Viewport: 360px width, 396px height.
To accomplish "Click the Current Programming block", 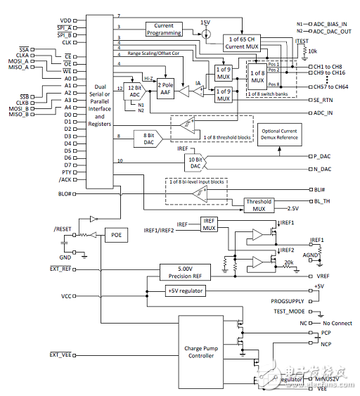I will tap(163, 29).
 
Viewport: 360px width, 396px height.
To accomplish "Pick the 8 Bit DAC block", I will tap(148, 138).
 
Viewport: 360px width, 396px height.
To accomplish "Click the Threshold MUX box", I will tap(258, 204).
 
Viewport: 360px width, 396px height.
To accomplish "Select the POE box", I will tap(116, 236).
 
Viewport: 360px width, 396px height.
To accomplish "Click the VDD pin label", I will tap(65, 20).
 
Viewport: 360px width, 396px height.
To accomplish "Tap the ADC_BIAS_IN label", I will tap(330, 23).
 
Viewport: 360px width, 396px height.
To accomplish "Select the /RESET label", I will tap(63, 229).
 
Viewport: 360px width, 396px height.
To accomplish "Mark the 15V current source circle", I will tap(205, 34).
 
